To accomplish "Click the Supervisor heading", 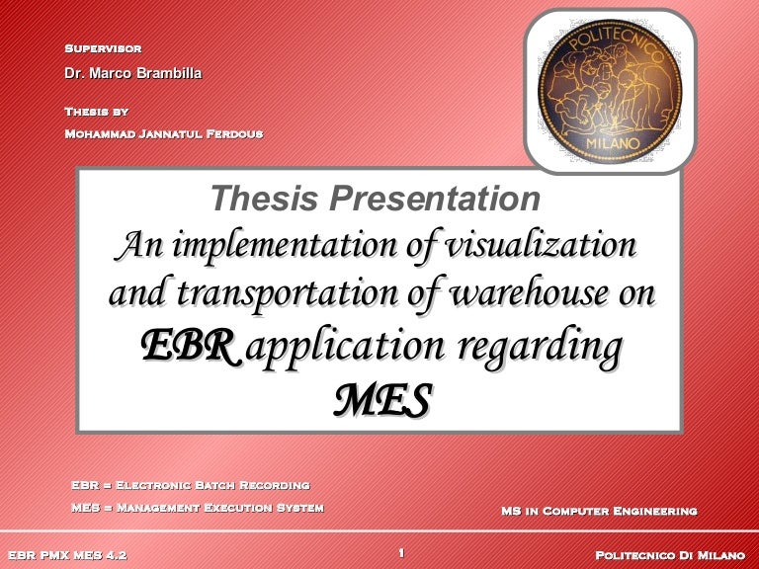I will pyautogui.click(x=103, y=47).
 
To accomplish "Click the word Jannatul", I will pyautogui.click(x=172, y=133).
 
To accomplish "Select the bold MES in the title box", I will pyautogui.click(x=381, y=399).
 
